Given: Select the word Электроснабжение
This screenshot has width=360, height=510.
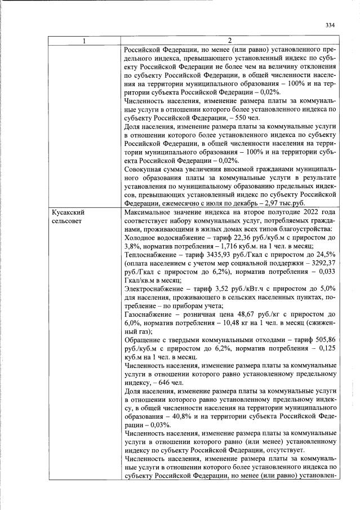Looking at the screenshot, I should (x=156, y=289).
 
